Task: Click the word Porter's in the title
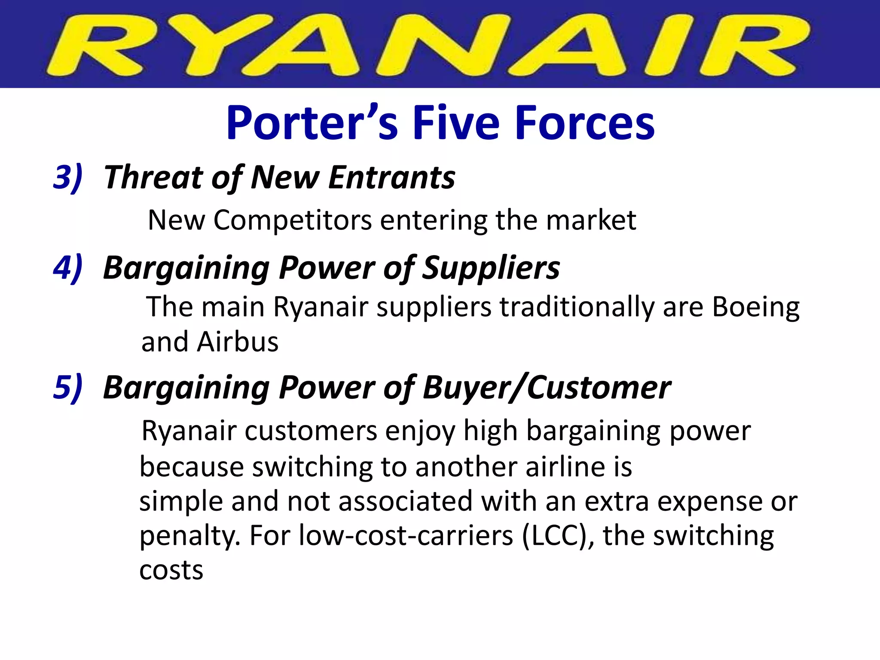point(312,123)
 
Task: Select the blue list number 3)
point(67,177)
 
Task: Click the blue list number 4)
point(67,267)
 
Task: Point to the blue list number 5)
point(67,387)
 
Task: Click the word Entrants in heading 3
point(391,177)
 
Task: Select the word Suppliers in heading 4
point(491,267)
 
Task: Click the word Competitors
point(293,220)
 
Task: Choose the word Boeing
point(756,308)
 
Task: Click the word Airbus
point(238,342)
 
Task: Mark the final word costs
point(171,570)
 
